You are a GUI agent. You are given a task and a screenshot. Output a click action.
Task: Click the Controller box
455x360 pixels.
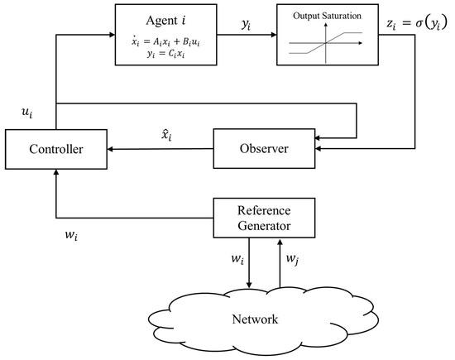[x=55, y=150]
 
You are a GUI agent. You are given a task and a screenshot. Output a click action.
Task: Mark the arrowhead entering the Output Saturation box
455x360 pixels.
[x=274, y=34]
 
